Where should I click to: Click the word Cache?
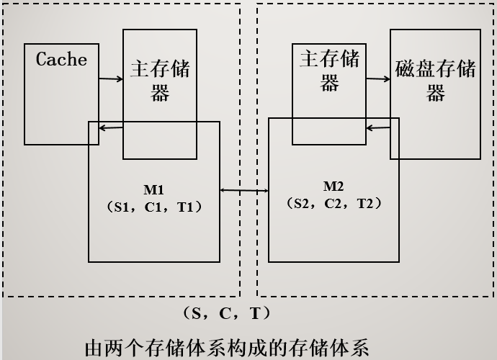61,60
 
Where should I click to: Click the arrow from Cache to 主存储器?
110,79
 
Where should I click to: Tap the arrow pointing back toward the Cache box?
111,128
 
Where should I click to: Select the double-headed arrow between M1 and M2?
243,190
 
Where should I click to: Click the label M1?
153,190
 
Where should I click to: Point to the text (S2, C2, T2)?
333,203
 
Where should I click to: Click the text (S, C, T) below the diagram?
225,314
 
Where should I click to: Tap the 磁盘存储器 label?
435,81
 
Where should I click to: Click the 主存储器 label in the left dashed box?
160,81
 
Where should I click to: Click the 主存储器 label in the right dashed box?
329,71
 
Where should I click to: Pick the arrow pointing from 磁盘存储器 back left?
378,128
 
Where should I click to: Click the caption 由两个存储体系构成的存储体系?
227,348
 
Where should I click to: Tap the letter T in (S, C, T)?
255,314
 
